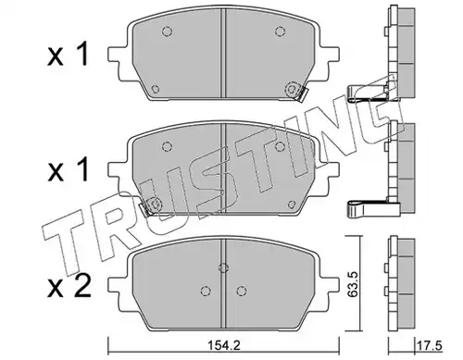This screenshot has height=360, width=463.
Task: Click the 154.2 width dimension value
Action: (x=223, y=346)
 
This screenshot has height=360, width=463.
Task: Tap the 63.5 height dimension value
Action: (x=353, y=284)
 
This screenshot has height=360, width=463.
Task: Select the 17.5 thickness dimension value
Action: (x=431, y=345)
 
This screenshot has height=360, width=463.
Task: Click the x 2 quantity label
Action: (x=69, y=287)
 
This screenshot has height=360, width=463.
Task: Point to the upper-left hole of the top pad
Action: (x=167, y=31)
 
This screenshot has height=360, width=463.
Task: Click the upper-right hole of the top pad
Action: (x=280, y=31)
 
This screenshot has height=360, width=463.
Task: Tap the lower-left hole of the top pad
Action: (x=156, y=89)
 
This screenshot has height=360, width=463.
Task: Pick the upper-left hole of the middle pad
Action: (x=167, y=146)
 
